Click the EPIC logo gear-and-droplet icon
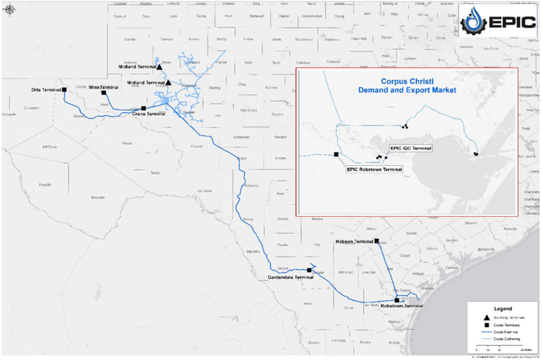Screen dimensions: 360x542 point(474,23)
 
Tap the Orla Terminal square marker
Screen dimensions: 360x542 point(64,90)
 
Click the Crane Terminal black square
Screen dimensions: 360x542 point(143,108)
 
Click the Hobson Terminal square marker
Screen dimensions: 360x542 point(377,241)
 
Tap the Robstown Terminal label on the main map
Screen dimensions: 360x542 point(402,306)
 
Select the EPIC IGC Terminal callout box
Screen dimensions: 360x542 point(411,148)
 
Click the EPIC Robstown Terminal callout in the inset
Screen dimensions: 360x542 point(373,169)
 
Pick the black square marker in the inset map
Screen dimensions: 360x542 point(337,155)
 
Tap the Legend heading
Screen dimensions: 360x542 point(502,309)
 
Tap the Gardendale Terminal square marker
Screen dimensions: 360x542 point(309,270)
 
